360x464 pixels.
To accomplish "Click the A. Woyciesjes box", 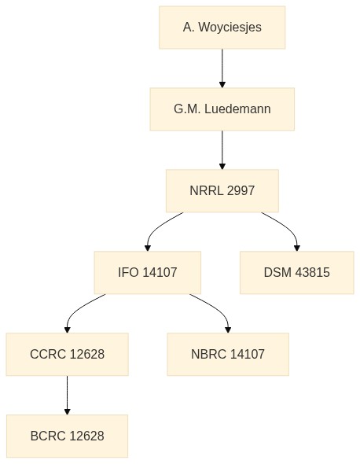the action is click(x=222, y=28).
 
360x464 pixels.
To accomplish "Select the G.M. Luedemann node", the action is click(x=222, y=109).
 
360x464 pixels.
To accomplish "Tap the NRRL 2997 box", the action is click(x=222, y=191).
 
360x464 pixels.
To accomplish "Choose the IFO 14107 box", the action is click(x=148, y=273).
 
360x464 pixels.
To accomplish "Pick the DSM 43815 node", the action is click(x=297, y=273).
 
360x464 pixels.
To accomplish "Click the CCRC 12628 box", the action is click(x=67, y=354).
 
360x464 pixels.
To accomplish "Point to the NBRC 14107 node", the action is click(x=228, y=354).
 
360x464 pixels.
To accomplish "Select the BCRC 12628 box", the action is click(x=67, y=436).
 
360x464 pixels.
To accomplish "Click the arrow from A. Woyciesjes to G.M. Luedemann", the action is click(x=222, y=68).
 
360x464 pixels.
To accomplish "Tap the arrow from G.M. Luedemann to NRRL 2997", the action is click(x=222, y=150).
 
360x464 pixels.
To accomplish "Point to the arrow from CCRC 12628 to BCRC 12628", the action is click(x=67, y=395).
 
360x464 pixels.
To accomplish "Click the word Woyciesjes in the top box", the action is click(x=230, y=28).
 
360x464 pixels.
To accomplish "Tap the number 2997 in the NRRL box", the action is click(x=241, y=190).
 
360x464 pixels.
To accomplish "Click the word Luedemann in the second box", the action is click(x=237, y=109).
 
